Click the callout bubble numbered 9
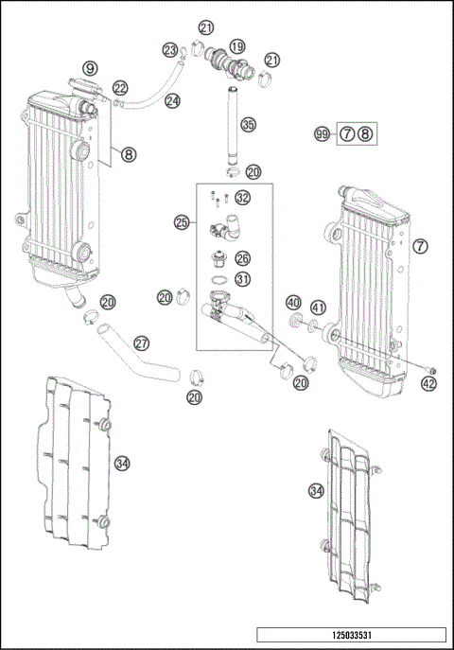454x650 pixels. click(90, 68)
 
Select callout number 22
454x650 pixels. click(121, 87)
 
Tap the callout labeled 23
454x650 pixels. click(170, 49)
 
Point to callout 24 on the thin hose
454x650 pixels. click(172, 99)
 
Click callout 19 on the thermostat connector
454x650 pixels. click(236, 46)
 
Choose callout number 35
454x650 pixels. click(248, 124)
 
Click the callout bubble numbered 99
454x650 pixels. click(323, 134)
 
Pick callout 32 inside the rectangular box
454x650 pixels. click(243, 198)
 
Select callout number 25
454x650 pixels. click(183, 223)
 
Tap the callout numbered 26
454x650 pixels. click(243, 257)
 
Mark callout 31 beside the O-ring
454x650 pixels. click(243, 279)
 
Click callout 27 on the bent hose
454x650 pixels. click(142, 343)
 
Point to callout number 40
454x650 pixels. click(293, 303)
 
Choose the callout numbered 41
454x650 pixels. click(318, 307)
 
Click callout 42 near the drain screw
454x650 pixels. click(429, 384)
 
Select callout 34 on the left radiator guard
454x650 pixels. click(121, 463)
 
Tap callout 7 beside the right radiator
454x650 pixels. click(421, 246)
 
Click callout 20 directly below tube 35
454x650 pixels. click(253, 172)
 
